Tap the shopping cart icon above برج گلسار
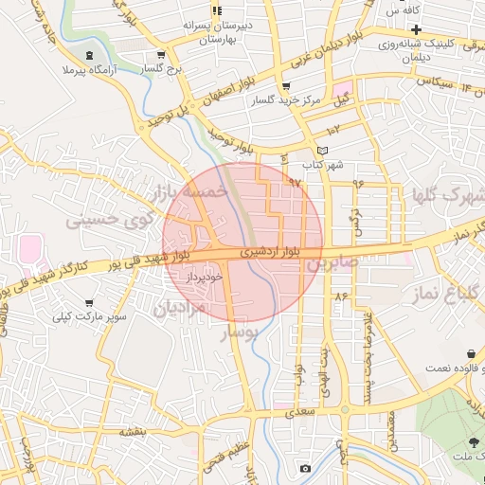(162, 54)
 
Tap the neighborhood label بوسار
(238, 334)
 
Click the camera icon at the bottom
(304, 469)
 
